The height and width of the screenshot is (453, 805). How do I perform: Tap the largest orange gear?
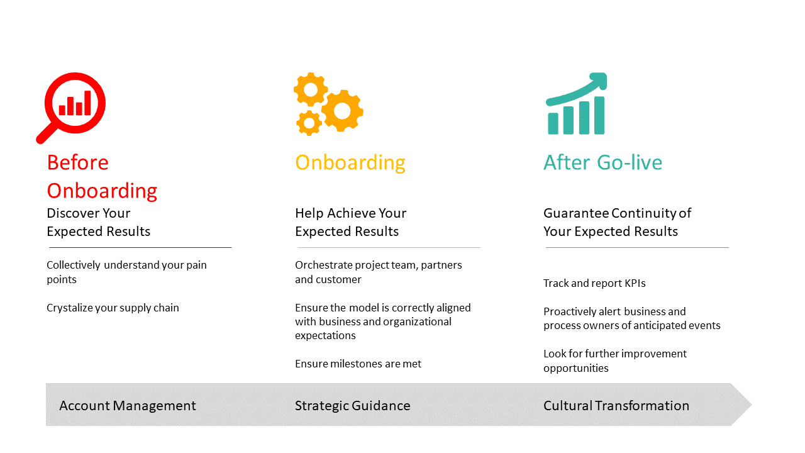(x=342, y=111)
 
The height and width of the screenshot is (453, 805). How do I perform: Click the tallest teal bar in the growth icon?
(x=599, y=115)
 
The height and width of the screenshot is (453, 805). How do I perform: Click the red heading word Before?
(x=77, y=162)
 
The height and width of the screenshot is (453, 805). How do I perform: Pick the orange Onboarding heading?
(x=350, y=163)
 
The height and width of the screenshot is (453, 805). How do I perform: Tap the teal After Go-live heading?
(x=602, y=162)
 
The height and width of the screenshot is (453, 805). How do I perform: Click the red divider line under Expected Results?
(x=140, y=247)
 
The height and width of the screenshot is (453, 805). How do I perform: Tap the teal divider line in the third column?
(x=637, y=247)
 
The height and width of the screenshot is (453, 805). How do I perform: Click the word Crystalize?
(x=69, y=308)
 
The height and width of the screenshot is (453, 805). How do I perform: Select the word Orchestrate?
(x=324, y=265)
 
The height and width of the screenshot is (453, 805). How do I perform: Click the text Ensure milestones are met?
(x=358, y=364)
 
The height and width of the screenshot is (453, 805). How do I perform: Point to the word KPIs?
(x=635, y=283)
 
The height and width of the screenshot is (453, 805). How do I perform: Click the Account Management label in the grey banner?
(x=128, y=406)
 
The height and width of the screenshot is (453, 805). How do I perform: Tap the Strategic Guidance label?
(x=353, y=406)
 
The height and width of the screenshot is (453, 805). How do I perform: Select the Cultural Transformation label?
(x=616, y=406)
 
